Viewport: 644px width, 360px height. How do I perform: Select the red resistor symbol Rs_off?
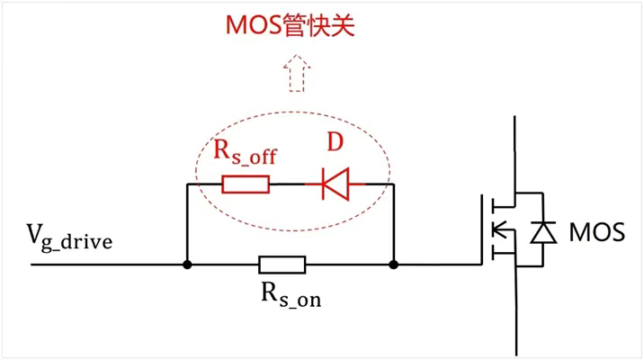(x=245, y=184)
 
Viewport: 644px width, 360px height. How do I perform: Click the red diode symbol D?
(x=335, y=184)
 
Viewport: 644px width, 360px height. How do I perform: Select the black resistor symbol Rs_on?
(x=282, y=265)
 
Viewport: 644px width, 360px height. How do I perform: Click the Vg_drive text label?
(x=70, y=240)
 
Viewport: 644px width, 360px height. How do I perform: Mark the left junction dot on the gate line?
(x=186, y=265)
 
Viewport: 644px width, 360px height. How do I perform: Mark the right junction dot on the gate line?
(x=394, y=265)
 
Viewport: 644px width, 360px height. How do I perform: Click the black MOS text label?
(x=596, y=232)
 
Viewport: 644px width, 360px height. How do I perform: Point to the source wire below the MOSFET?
(x=515, y=315)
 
